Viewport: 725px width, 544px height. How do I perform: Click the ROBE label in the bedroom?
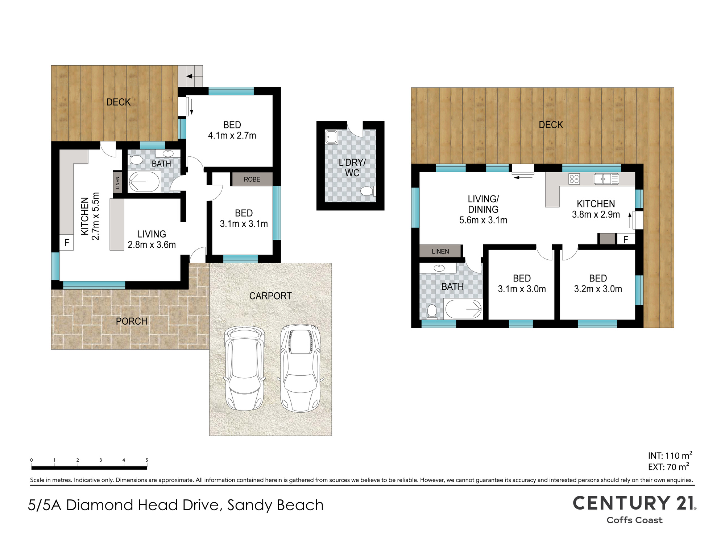coord(252,179)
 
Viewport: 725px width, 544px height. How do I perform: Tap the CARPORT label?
coord(270,296)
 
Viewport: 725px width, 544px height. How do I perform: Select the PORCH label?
coord(132,321)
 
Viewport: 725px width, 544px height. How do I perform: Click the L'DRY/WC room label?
coord(352,168)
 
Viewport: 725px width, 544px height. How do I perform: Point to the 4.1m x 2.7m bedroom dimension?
coord(232,136)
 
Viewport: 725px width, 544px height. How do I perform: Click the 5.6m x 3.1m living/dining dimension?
coord(483,220)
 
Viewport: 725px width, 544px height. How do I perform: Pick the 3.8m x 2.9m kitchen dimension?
coord(596,215)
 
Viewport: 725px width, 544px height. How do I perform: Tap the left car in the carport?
coord(245,368)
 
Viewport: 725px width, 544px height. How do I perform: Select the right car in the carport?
coord(300,368)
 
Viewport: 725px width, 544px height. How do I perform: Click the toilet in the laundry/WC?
coord(368,191)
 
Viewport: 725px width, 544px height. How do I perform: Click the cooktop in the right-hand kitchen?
coord(574,179)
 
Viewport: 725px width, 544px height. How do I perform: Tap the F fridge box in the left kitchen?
coord(67,243)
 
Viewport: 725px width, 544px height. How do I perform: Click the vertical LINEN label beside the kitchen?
coord(117,183)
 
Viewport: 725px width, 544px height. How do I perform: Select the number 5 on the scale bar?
coord(147,460)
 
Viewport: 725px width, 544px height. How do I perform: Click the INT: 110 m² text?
coord(670,456)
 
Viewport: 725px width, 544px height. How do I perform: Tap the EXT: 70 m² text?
coord(668,467)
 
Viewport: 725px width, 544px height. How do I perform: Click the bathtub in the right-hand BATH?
coord(463,309)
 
